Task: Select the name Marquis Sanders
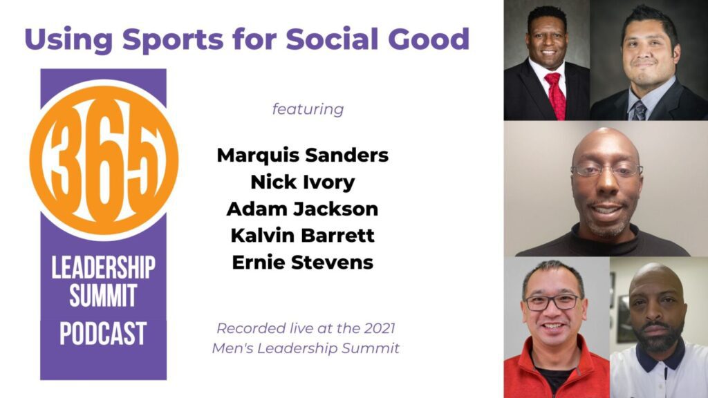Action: coord(302,155)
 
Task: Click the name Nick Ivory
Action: coord(302,182)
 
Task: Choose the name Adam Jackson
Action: coord(302,209)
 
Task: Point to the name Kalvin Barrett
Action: coord(302,236)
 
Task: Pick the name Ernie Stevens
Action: coord(302,263)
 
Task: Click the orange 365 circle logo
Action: coord(104,160)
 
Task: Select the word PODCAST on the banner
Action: coord(103,334)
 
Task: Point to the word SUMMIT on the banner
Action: coord(103,298)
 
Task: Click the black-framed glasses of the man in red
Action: coord(551,302)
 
